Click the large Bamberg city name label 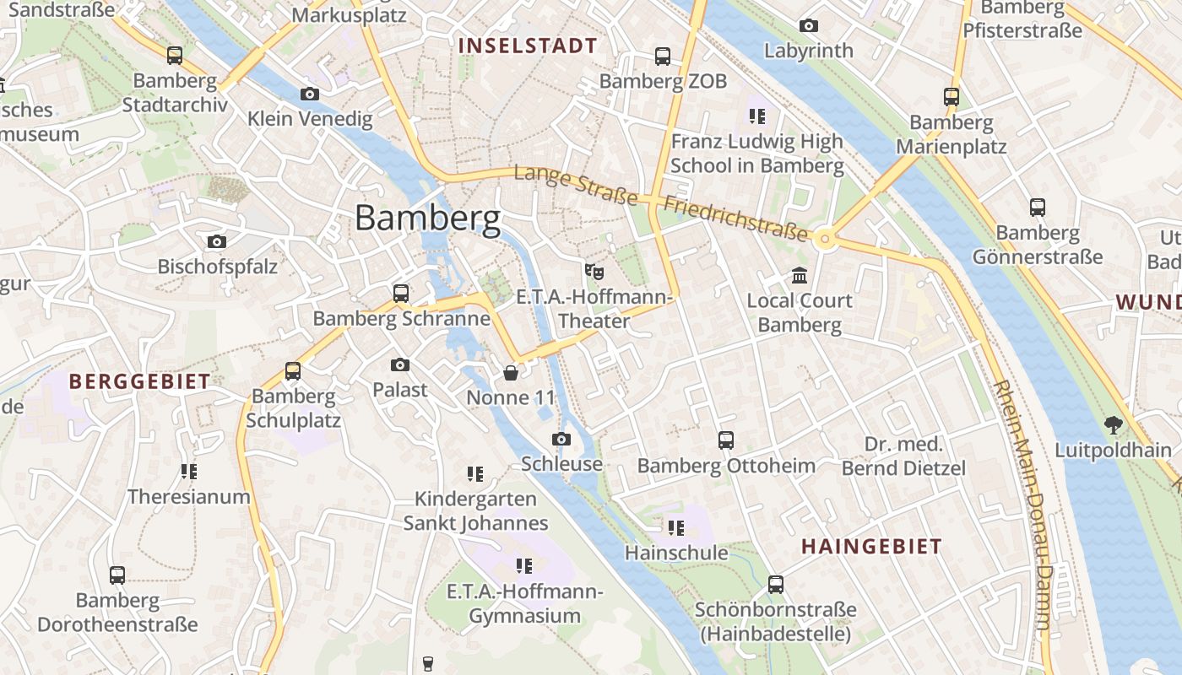coord(427,219)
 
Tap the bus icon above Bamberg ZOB coord(663,57)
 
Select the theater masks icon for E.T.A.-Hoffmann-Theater coord(594,271)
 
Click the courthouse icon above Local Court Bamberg coord(799,275)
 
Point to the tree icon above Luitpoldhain coord(1113,425)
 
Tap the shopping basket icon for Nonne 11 coord(511,372)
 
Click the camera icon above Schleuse coord(561,439)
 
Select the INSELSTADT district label coord(528,46)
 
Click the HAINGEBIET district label coord(871,547)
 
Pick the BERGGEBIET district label coord(139,381)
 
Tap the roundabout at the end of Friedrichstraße coord(827,240)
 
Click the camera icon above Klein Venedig coord(310,94)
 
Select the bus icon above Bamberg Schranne coord(401,294)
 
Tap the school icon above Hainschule coord(675,528)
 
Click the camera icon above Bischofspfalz coord(217,242)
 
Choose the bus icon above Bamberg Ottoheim coord(726,440)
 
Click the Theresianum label coord(189,497)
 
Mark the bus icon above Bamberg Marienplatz coord(952,97)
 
